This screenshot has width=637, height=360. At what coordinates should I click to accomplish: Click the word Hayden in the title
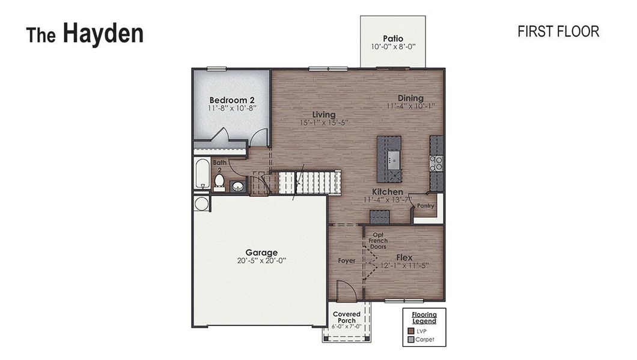point(103,34)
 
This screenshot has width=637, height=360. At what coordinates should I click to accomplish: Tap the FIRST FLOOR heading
point(558,32)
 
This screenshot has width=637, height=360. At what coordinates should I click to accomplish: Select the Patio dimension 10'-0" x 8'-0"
point(393,47)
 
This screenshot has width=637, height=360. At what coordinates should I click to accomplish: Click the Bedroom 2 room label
point(231,100)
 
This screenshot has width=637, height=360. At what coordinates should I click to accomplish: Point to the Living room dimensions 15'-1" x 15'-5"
point(324,122)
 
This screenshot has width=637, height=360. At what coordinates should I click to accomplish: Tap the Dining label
point(410,98)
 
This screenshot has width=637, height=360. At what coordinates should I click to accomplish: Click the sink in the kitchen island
point(392,158)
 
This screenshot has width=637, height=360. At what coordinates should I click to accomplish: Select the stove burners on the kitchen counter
point(436,163)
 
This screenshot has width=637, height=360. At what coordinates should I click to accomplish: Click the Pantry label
point(425,206)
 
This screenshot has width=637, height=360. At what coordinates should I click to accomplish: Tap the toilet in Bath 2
point(219,181)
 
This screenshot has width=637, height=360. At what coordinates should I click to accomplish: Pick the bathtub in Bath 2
point(201,173)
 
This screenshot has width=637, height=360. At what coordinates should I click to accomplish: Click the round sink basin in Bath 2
point(237,187)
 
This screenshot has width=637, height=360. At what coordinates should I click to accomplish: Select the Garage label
point(261,253)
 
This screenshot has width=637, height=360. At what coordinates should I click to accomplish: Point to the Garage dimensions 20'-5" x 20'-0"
point(261,260)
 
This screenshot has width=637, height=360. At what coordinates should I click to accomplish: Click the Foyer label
point(346,261)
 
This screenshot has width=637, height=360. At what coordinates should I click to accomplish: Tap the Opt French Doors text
point(378,241)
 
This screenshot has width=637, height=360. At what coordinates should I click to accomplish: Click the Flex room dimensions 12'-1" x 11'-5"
point(404,265)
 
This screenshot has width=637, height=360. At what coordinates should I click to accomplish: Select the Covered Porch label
point(347,317)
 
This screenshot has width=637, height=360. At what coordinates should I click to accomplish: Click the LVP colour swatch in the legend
point(411,331)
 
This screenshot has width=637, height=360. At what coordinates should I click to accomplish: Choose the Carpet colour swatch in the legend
point(411,340)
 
